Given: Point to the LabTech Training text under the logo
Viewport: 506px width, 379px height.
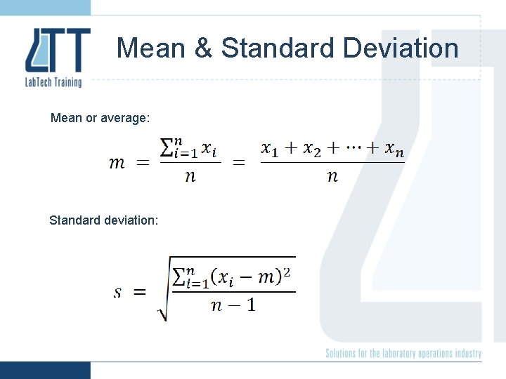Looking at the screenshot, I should [53, 81].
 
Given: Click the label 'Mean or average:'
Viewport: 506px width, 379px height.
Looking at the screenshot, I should [100, 118].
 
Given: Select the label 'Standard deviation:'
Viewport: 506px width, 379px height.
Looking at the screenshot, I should [103, 220].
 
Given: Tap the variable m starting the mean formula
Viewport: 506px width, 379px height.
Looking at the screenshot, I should [117, 164].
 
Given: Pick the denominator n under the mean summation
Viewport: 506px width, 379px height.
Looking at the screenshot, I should [190, 176].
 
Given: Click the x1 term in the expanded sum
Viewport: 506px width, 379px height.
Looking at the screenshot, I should [270, 149].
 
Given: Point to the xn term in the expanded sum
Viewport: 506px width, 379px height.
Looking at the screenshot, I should [394, 149].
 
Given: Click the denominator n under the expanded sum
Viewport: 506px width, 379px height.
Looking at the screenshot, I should [332, 176].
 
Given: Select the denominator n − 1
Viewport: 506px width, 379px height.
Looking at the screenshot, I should [233, 306].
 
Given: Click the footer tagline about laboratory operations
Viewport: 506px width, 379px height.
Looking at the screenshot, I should [403, 354].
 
